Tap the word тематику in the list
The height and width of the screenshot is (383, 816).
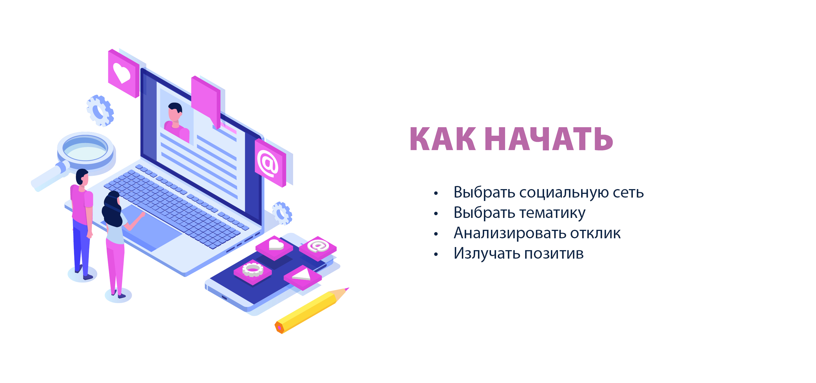[553, 213]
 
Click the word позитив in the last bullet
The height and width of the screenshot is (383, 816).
[554, 254]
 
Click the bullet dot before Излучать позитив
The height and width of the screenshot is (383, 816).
[436, 254]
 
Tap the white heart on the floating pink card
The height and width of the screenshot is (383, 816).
[121, 73]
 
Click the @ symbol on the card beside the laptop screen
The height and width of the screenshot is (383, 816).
[268, 163]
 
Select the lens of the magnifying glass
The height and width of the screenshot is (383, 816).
[85, 148]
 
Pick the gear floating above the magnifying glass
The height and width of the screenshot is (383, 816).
[100, 111]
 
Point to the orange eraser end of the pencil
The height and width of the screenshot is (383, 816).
[279, 328]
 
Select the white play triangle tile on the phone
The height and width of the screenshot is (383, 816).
[302, 275]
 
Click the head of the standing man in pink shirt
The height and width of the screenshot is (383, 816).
[82, 177]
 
